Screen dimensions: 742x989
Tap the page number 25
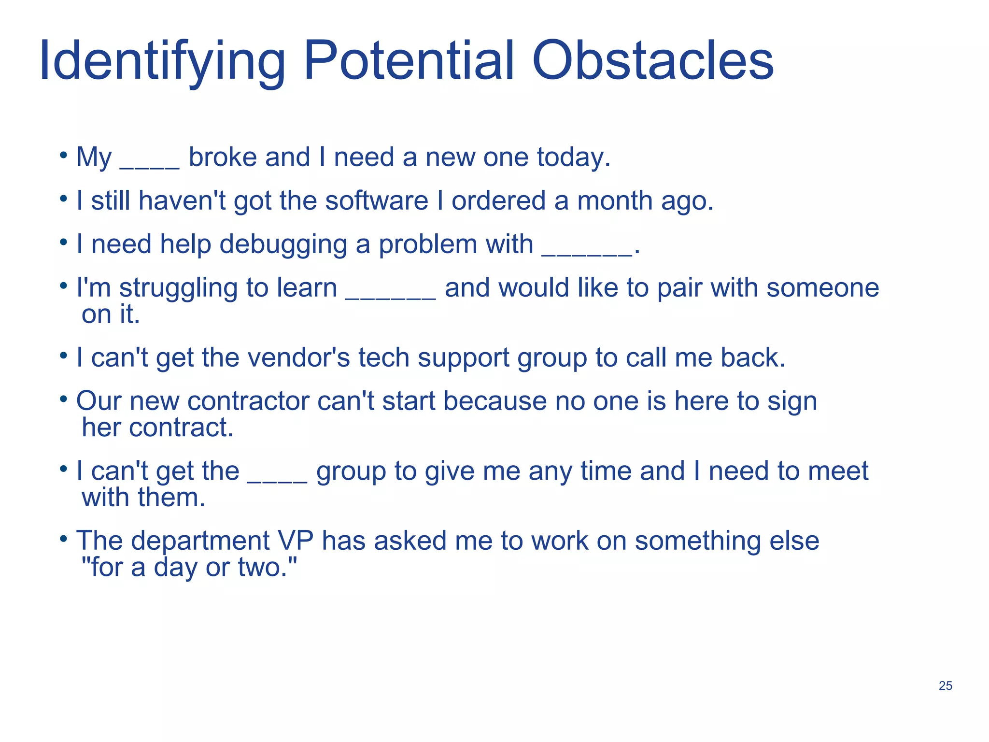tap(945, 685)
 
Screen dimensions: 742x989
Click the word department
tap(200, 542)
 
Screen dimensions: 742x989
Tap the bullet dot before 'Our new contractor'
tap(63, 399)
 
